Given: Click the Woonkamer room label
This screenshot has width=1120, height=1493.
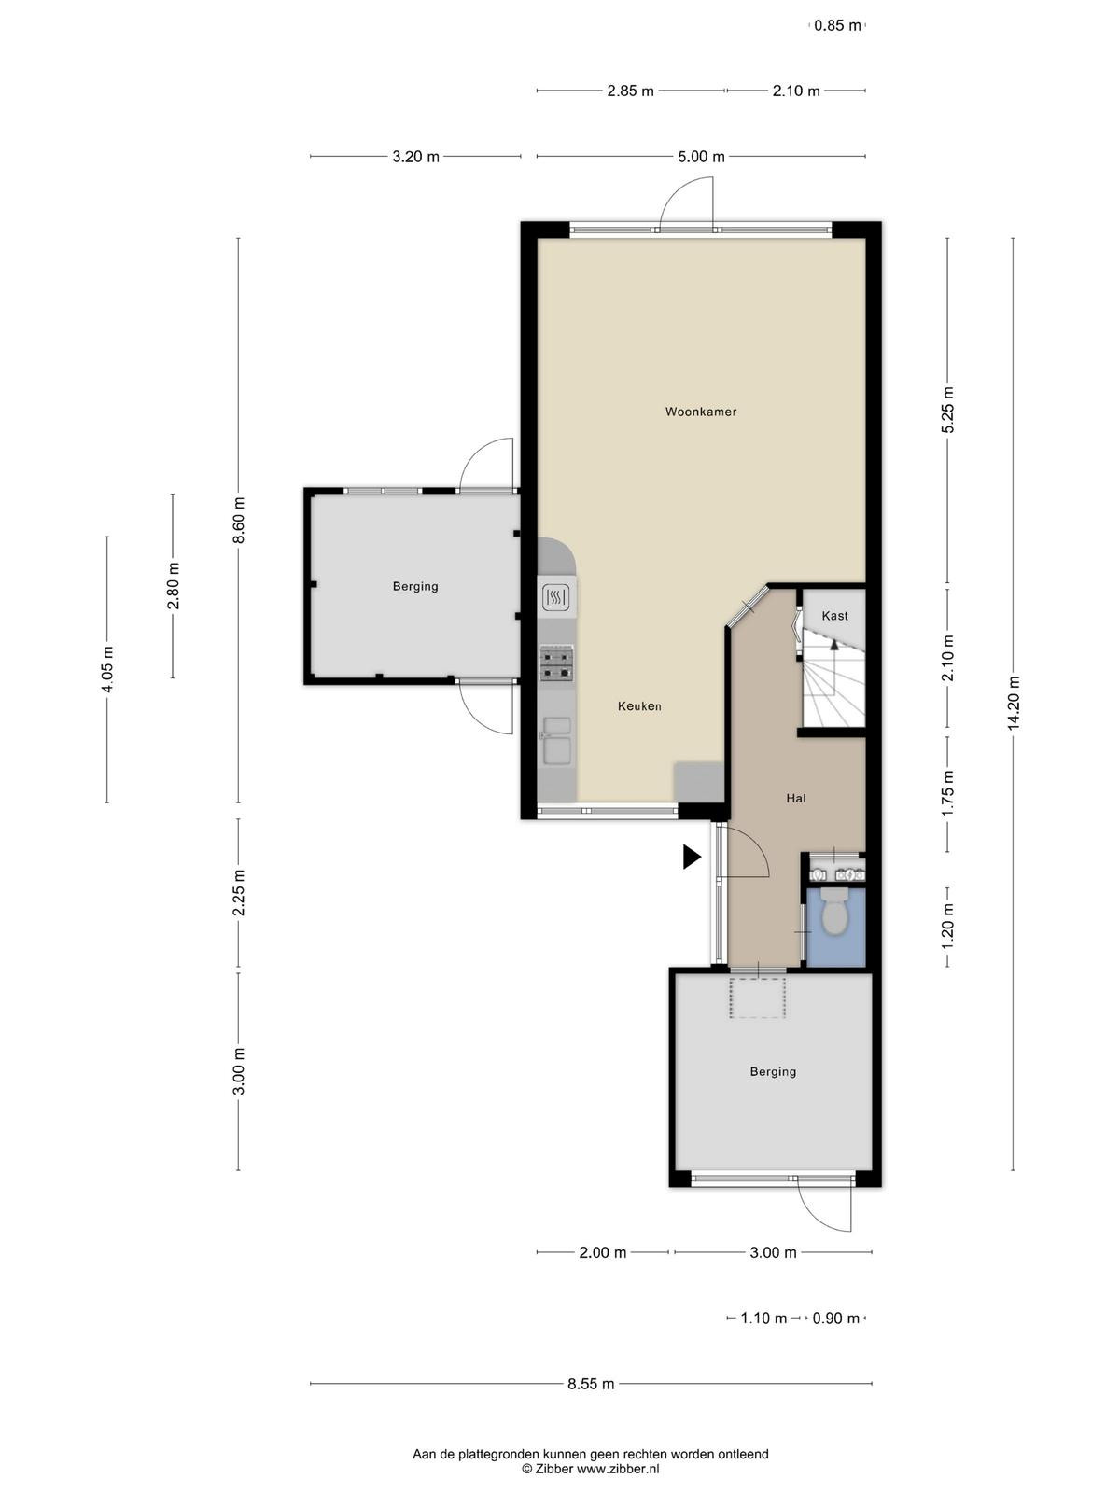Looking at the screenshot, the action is tap(700, 412).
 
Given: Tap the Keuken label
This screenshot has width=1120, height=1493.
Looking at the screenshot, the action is tap(639, 706).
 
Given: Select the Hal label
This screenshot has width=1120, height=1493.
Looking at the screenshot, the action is tap(795, 798).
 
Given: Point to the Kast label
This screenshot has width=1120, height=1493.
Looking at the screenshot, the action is tap(834, 616).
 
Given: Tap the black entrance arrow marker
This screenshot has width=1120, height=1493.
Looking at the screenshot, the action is tap(692, 857).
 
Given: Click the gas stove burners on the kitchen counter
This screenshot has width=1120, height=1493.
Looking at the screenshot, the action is tap(555, 664).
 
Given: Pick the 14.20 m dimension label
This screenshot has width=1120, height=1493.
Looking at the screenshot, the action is tap(1014, 703).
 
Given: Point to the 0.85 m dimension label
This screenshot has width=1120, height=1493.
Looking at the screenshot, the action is tap(837, 26).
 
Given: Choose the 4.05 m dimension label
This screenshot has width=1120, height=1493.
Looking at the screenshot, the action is tap(106, 669).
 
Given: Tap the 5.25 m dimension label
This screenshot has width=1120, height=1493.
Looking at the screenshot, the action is tap(948, 410).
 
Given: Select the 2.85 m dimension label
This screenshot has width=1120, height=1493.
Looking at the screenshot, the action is tap(630, 91).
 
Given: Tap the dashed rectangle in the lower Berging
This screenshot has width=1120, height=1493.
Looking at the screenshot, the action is tap(758, 998).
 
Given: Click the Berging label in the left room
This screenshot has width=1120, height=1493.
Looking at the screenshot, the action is tap(414, 586).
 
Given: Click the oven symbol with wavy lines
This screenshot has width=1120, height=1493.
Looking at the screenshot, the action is tap(556, 598).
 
